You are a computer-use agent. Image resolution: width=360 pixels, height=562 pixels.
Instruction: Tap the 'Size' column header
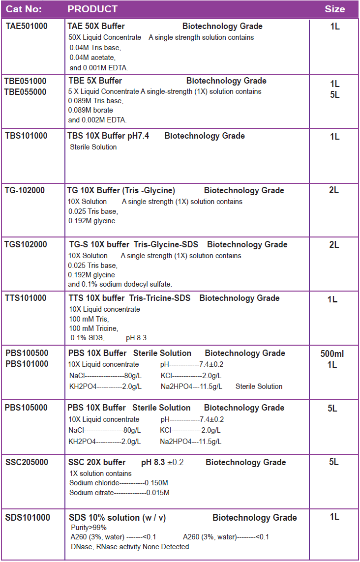pyautogui.click(x=334, y=9)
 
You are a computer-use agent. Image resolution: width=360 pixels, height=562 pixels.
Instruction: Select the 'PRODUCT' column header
pyautogui.click(x=92, y=9)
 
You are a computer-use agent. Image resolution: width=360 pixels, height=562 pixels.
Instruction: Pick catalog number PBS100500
pyautogui.click(x=27, y=353)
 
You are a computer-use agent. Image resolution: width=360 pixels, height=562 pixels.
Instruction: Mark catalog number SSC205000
pyautogui.click(x=27, y=462)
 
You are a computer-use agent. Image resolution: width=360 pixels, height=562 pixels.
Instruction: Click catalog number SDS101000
pyautogui.click(x=28, y=517)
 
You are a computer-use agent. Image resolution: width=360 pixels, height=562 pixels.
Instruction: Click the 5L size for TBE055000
pyautogui.click(x=334, y=95)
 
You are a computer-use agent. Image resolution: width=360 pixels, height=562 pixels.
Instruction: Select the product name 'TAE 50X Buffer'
pyautogui.click(x=96, y=26)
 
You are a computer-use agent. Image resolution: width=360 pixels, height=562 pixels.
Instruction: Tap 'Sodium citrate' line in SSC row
pyautogui.click(x=119, y=493)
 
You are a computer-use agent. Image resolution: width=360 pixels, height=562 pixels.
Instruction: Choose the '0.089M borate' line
pyautogui.click(x=90, y=110)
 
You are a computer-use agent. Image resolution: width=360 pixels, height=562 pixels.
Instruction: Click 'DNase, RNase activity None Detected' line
pyautogui.click(x=130, y=546)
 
